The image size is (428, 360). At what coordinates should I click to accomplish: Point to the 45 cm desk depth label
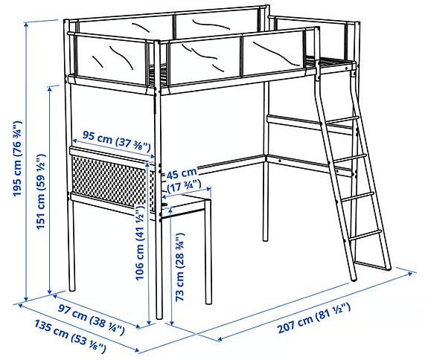coord(182,173)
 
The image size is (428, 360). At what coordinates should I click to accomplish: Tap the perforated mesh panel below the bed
coord(112,180)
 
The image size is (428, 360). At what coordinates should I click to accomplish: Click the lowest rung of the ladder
coord(365,235)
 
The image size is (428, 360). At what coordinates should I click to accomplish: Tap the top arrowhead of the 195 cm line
coord(26,25)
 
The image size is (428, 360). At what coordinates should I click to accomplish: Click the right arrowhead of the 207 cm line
coord(410,273)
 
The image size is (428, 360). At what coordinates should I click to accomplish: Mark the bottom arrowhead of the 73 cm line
coord(171,323)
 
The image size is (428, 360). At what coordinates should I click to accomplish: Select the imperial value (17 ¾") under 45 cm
coord(184,186)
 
